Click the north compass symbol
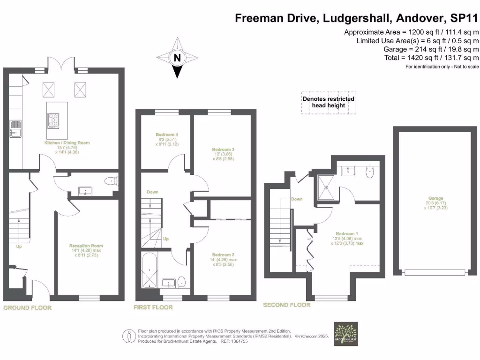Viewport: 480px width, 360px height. [177, 58]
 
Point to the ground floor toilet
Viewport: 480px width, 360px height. [110, 182]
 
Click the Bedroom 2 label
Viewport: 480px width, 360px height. [223, 256]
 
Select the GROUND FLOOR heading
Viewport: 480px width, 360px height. [27, 308]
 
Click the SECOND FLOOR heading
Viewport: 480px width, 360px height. [286, 305]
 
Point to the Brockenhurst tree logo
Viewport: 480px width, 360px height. [345, 333]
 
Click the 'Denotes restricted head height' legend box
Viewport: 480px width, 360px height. [328, 102]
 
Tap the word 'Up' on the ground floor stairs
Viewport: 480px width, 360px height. [19, 246]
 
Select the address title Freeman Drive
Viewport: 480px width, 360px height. [356, 19]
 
